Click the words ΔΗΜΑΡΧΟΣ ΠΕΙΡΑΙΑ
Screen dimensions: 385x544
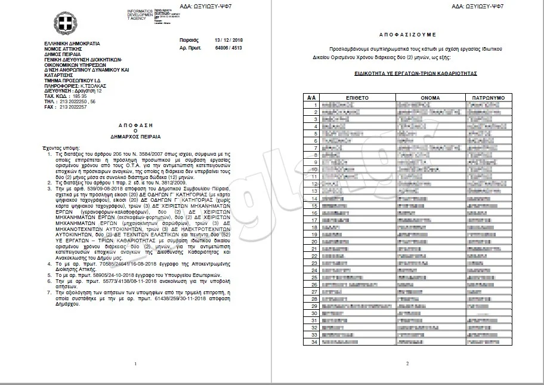[x=135, y=137]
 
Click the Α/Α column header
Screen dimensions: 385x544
[x=310, y=97]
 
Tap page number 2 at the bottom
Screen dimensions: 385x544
[x=407, y=364]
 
